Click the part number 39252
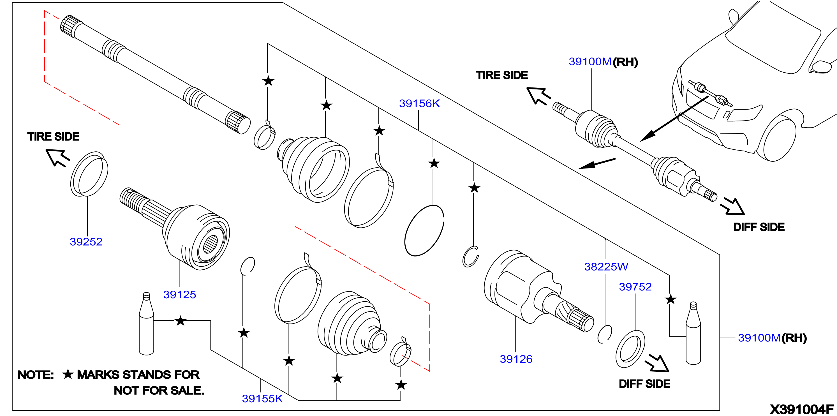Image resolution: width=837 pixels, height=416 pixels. point(86,241)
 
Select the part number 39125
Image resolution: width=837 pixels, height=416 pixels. point(180,294)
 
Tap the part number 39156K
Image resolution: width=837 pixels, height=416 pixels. point(419,103)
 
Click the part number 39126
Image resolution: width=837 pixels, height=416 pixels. point(516,359)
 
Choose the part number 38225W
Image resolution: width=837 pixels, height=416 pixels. point(606,267)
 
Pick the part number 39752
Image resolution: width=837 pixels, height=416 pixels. point(635,287)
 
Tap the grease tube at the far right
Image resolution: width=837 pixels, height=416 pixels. point(693,333)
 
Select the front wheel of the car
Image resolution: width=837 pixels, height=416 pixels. point(778,138)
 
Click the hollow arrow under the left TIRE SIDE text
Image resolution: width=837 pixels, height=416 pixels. point(57,157)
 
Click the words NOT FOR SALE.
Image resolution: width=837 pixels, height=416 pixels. point(159,390)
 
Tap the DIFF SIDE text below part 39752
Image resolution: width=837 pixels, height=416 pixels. point(644,384)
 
